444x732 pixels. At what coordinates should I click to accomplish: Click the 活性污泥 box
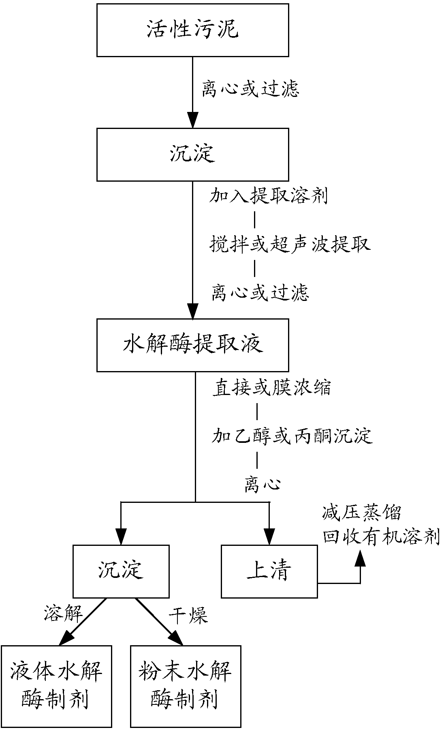pos(192,30)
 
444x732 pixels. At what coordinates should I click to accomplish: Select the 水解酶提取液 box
pos(192,345)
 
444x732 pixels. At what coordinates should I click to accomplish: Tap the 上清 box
pos(269,571)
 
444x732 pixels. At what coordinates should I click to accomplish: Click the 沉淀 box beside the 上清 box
pos(121,571)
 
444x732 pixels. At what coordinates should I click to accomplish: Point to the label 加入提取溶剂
pos(268,196)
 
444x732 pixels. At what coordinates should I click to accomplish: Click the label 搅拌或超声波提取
pos(290,245)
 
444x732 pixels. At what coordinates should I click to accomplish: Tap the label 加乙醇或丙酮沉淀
pos(292,436)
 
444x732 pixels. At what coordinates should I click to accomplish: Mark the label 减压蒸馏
pos(361,513)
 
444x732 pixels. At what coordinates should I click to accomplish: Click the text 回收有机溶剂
pos(381,537)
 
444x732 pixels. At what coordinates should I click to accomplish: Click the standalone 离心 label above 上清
pos(262,485)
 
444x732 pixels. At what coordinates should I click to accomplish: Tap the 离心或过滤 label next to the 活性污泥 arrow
pos(250,89)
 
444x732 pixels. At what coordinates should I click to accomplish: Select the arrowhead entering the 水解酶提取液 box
pos(192,311)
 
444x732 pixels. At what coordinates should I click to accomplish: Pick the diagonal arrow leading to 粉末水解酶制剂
pos(159,621)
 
